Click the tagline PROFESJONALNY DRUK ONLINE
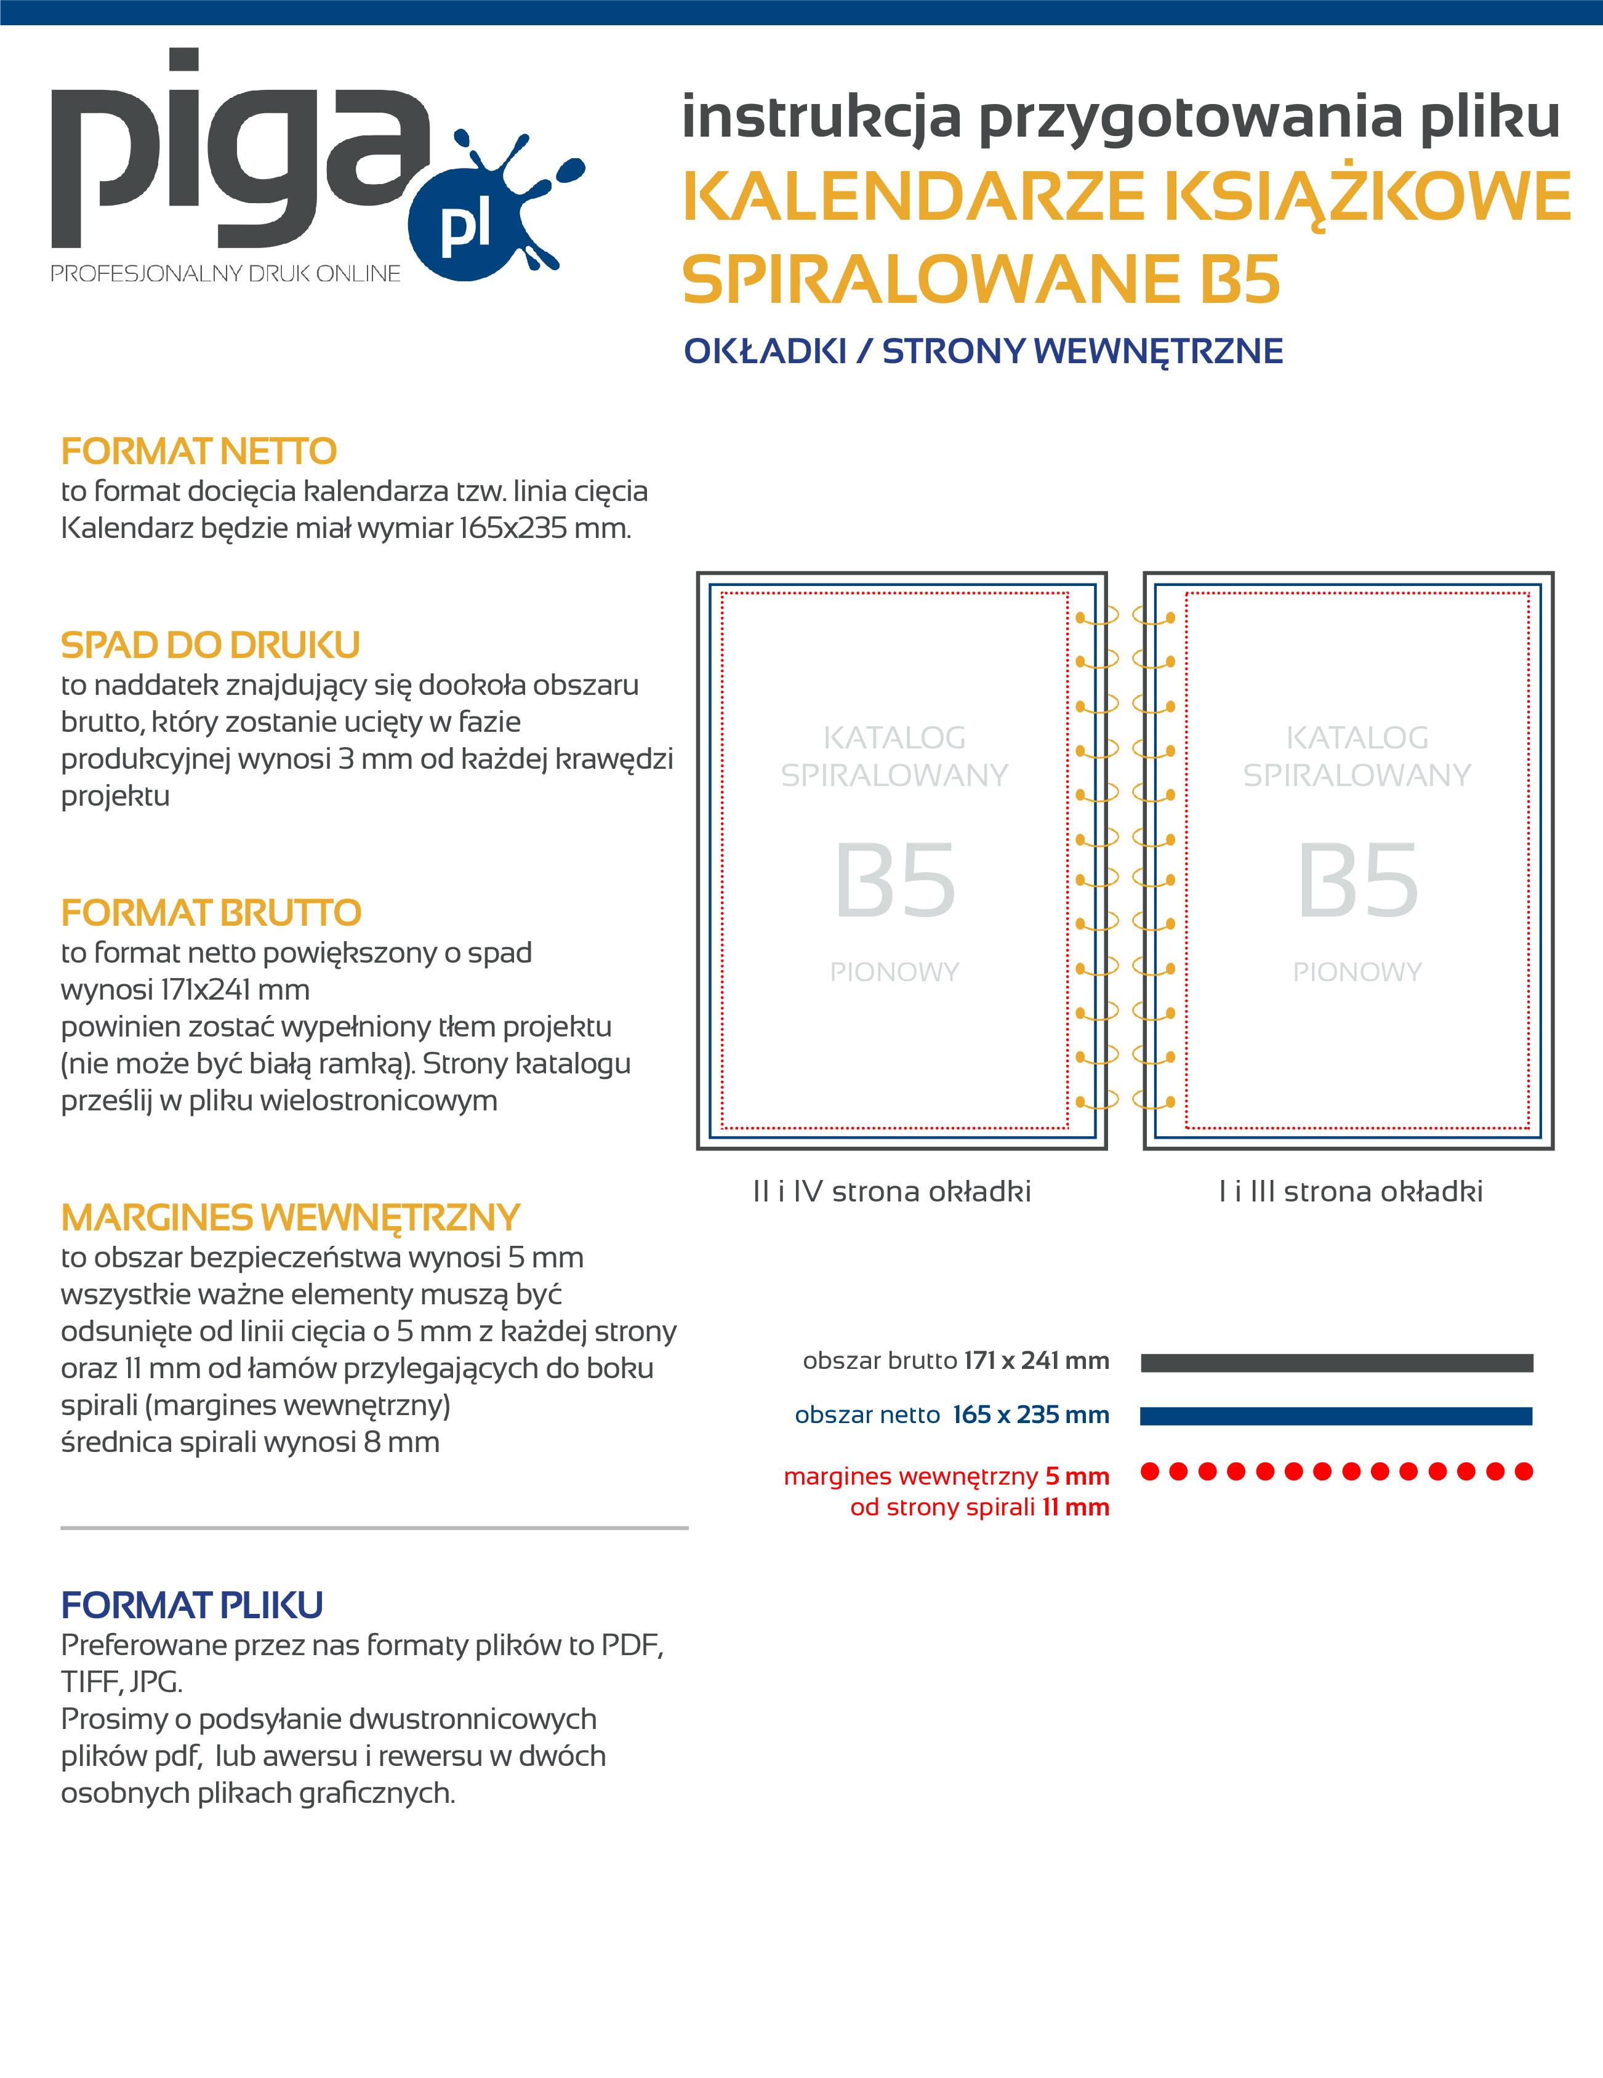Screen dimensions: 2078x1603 coord(225,274)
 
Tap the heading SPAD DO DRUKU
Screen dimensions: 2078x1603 coord(211,645)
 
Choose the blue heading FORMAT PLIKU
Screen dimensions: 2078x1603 coord(192,1605)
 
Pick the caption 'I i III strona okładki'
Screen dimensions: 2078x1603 coord(1351,1191)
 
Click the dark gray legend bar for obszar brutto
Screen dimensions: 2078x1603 coord(1336,1363)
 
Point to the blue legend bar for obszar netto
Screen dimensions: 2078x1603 coord(1336,1416)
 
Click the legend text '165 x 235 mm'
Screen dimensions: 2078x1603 coord(1030,1415)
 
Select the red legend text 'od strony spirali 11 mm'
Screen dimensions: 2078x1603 coord(980,1507)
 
